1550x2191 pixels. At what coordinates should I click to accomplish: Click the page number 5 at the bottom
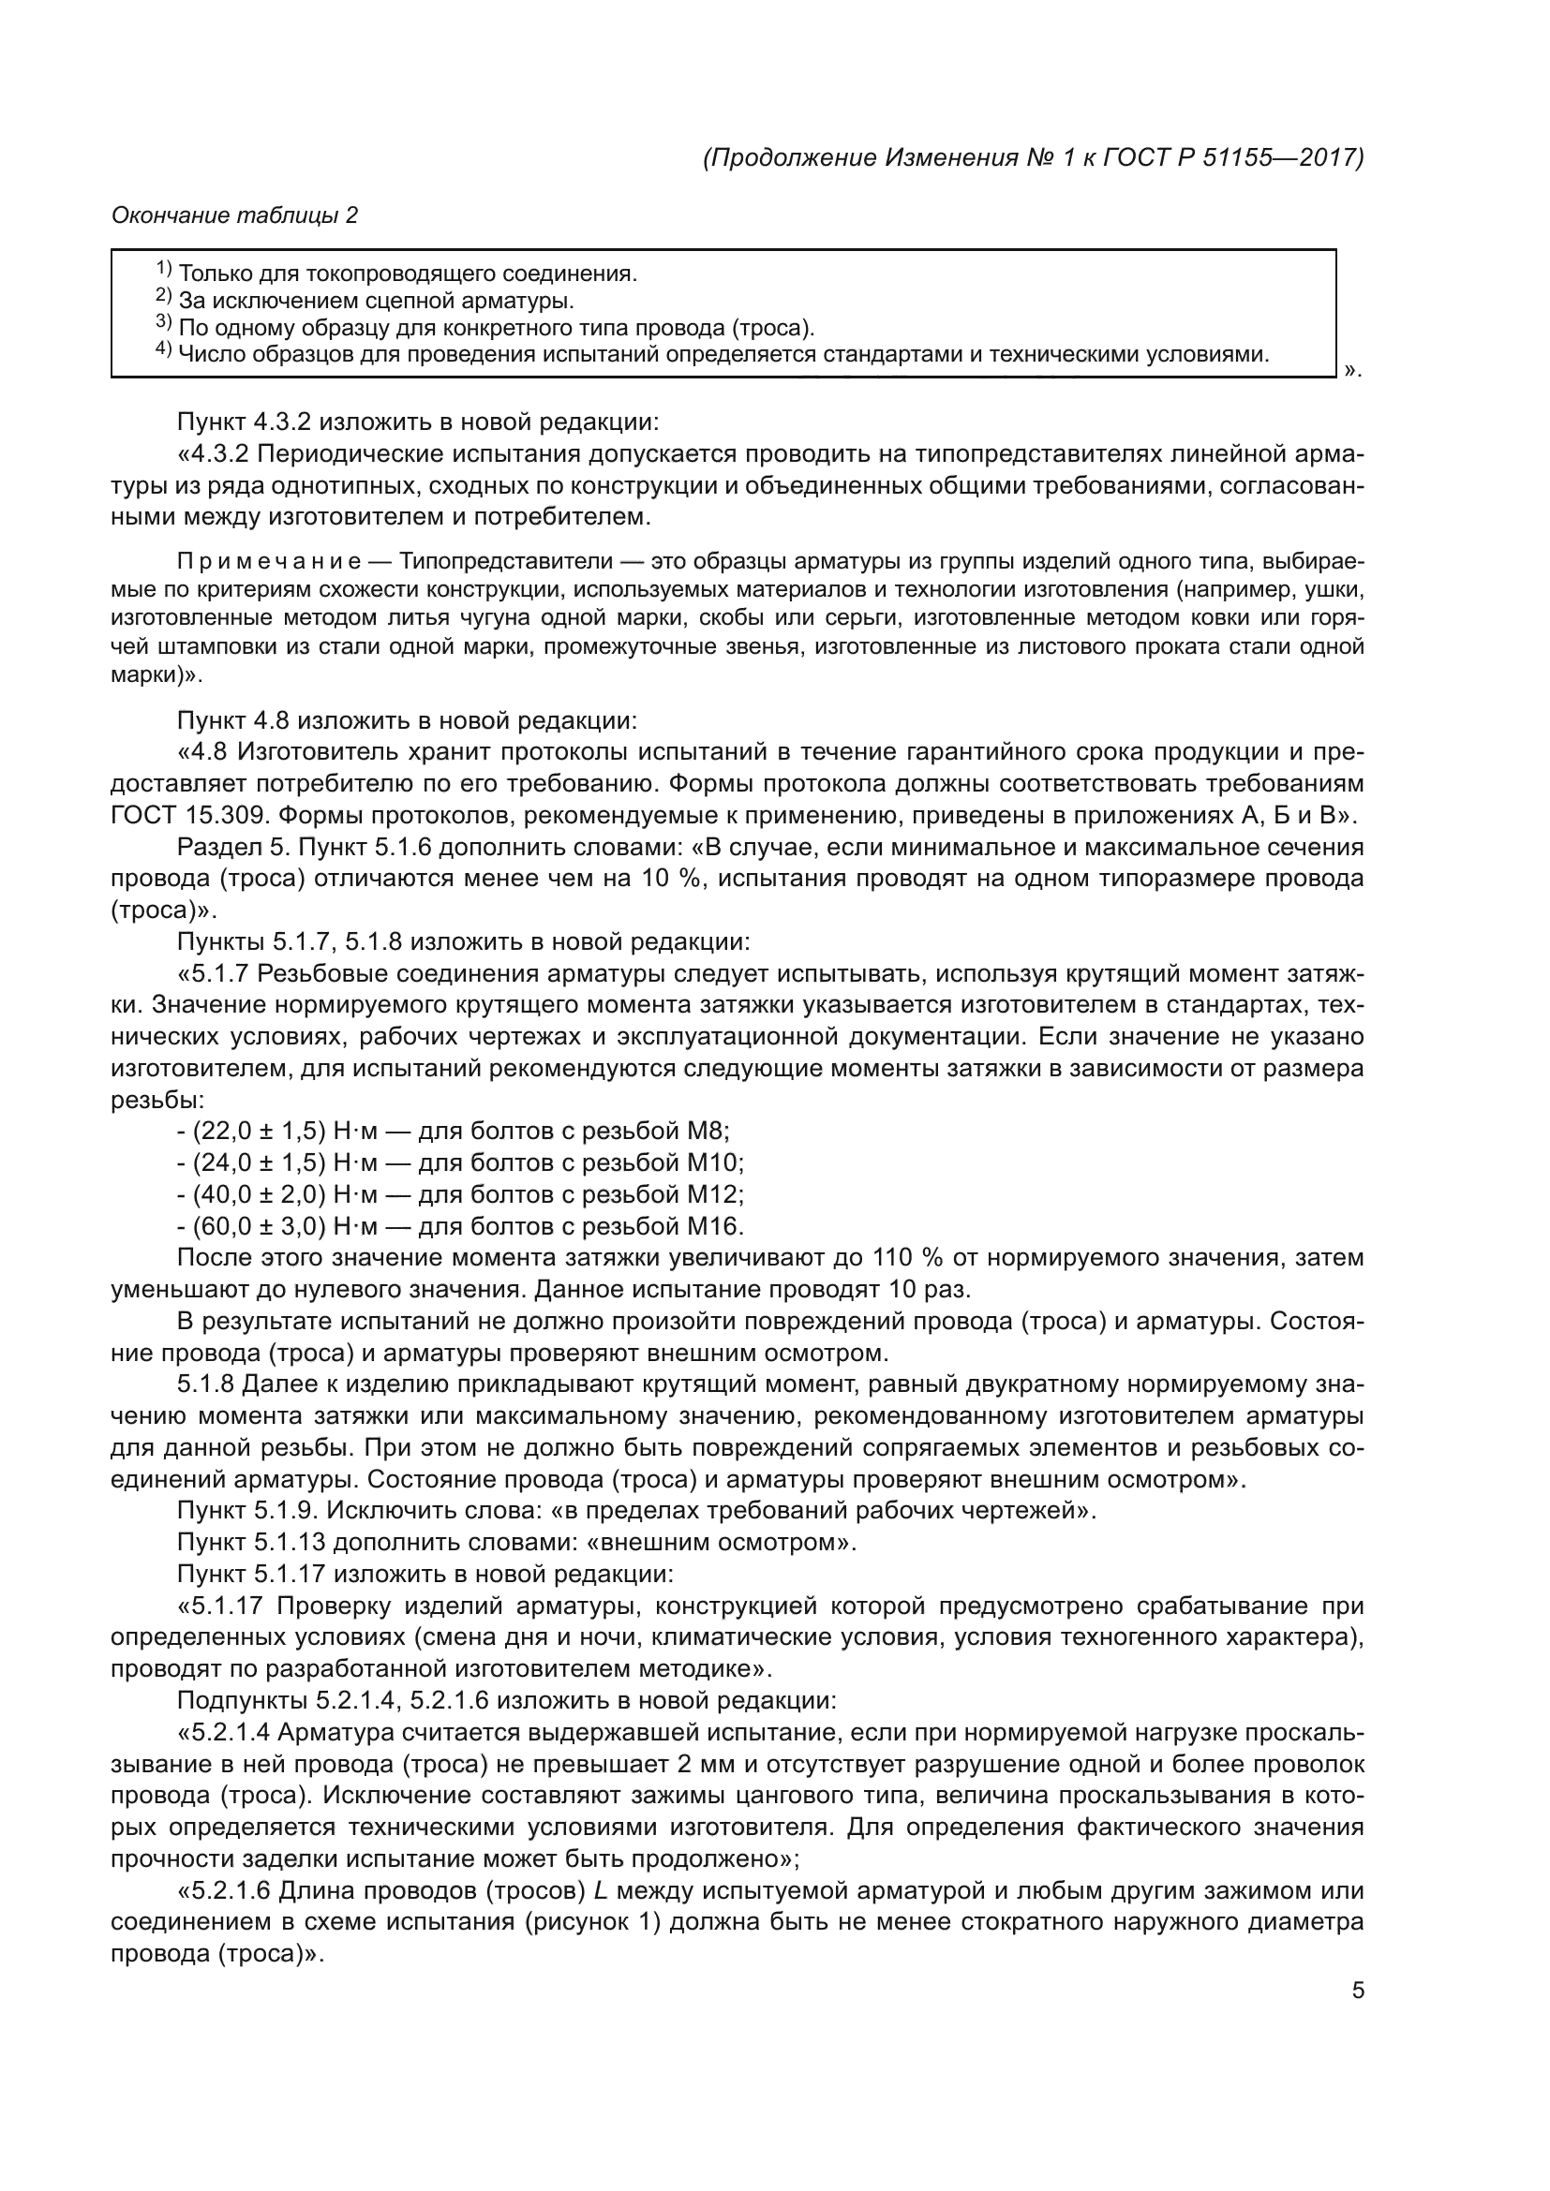[x=1357, y=1990]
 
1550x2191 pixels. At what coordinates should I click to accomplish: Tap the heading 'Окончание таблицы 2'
[x=235, y=215]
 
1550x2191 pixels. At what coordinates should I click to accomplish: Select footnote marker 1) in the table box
[x=163, y=270]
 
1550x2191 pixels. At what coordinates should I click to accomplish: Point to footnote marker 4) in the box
[x=163, y=351]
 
